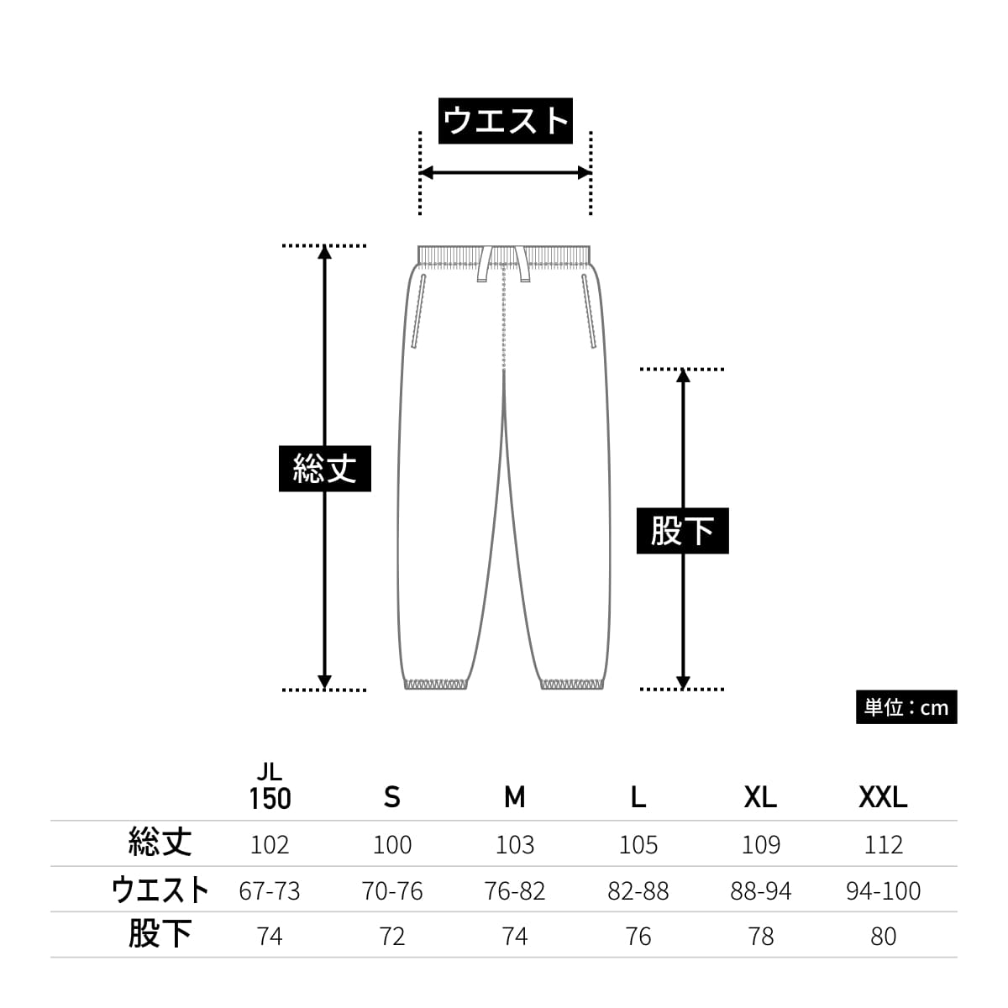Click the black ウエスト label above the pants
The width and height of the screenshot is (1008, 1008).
(506, 120)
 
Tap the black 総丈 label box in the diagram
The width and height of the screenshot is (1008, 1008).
(325, 469)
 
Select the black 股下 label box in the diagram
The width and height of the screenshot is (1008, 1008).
(683, 530)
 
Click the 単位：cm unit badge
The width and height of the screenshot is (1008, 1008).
(906, 707)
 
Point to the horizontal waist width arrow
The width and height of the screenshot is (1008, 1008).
(506, 173)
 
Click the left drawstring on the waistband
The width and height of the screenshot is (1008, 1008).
(484, 264)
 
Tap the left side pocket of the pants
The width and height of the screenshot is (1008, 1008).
(418, 312)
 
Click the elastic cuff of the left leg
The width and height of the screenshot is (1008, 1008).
(436, 685)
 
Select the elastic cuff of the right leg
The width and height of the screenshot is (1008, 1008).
(572, 685)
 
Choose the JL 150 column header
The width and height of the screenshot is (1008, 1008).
(270, 787)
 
